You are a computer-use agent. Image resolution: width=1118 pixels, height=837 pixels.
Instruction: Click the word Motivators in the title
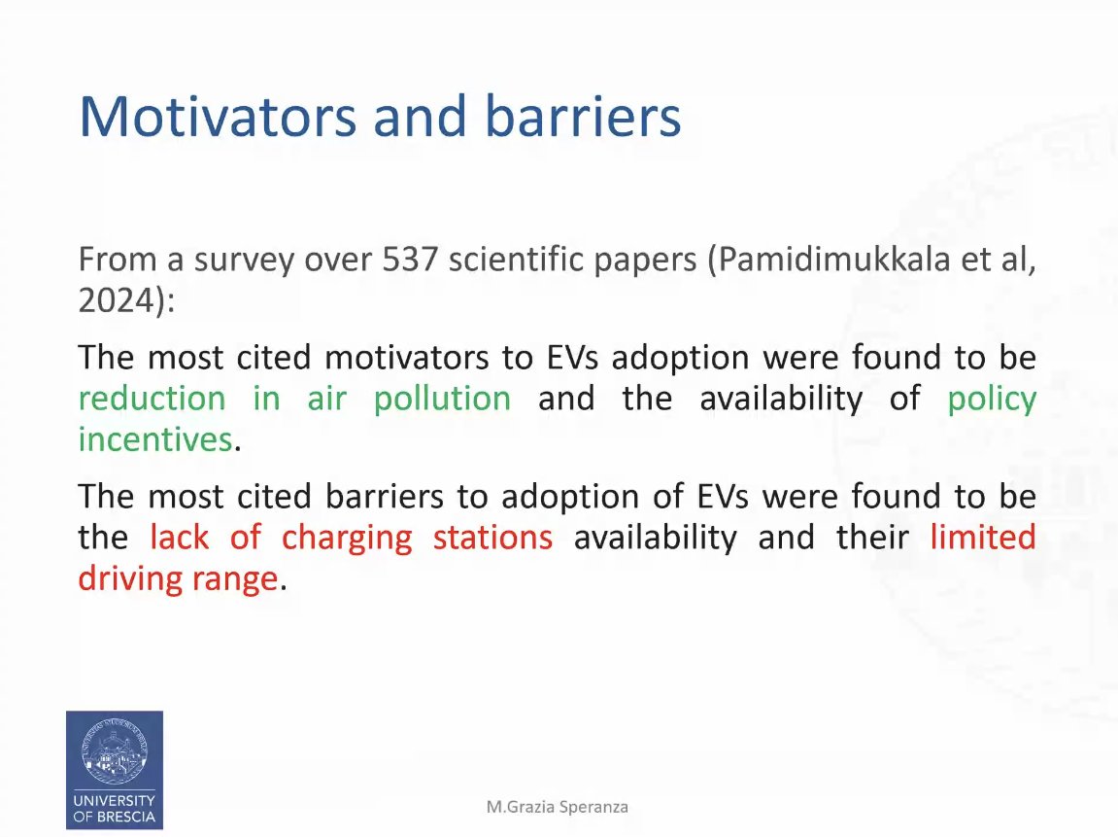pyautogui.click(x=218, y=116)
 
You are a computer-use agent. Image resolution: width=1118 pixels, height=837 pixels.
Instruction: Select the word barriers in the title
pyautogui.click(x=583, y=116)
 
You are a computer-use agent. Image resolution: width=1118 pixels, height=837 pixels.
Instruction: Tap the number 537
pyautogui.click(x=410, y=259)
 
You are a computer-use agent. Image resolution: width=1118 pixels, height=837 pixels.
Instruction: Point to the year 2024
pyautogui.click(x=117, y=300)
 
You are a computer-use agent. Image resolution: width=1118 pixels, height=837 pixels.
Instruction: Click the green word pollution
pyautogui.click(x=442, y=399)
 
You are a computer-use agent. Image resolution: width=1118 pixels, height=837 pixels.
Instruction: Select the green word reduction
pyautogui.click(x=152, y=399)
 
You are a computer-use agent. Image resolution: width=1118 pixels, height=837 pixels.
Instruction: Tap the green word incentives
pyautogui.click(x=155, y=439)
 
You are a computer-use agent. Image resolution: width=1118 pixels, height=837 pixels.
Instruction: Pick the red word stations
pyautogui.click(x=492, y=538)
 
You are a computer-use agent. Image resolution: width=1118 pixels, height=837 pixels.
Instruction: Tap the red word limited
pyautogui.click(x=983, y=538)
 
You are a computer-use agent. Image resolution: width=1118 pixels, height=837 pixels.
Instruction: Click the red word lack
pyautogui.click(x=179, y=538)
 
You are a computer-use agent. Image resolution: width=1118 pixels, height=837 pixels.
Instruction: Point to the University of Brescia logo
pyautogui.click(x=115, y=770)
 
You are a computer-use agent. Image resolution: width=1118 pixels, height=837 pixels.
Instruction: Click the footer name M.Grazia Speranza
pyautogui.click(x=558, y=807)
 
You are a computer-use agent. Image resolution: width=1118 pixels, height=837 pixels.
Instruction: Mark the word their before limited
pyautogui.click(x=872, y=538)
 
